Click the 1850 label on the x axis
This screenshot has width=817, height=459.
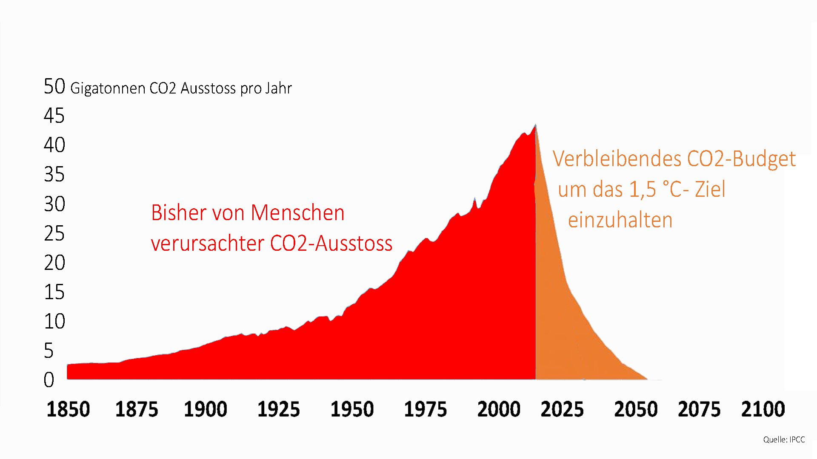[68, 409]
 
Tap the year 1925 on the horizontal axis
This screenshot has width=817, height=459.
[279, 409]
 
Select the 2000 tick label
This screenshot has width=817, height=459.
[499, 409]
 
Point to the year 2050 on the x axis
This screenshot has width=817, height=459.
[636, 409]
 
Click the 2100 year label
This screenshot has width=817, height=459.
[763, 409]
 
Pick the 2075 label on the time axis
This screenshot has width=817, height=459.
[699, 409]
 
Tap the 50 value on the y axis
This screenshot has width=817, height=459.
[54, 87]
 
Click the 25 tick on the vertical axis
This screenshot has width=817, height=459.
[54, 233]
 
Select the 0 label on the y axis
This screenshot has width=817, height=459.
[49, 380]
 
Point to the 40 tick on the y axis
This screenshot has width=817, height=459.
[54, 145]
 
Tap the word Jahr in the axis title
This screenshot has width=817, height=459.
[279, 88]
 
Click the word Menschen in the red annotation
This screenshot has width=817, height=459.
[297, 212]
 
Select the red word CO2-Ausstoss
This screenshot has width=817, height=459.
[331, 244]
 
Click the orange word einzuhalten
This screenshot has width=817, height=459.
[620, 220]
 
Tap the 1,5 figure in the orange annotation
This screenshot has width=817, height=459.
[643, 190]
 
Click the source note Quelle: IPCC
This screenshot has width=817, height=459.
[784, 439]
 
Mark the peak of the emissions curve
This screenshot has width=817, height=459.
[535, 125]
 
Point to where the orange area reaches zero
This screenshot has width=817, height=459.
[647, 379]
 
